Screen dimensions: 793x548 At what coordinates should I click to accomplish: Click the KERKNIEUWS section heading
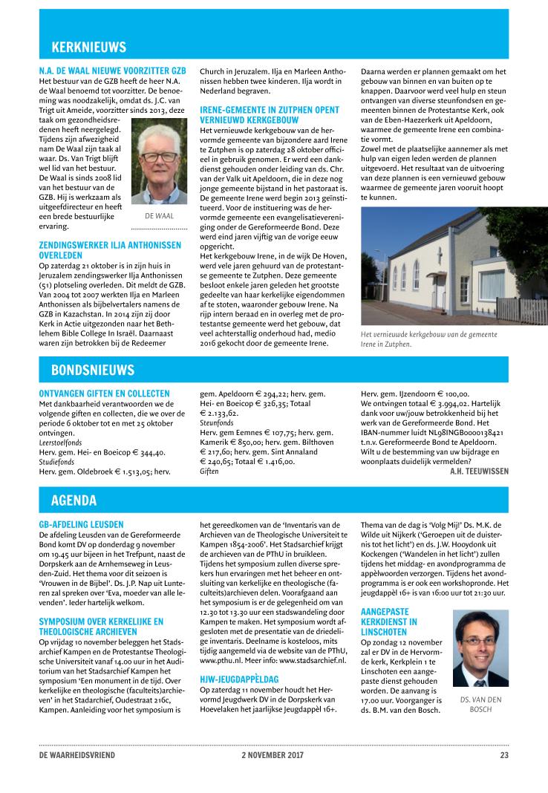pos(88,48)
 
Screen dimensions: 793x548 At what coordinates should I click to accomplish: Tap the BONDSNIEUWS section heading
pos(92,369)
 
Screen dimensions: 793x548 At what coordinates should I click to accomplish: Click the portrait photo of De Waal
pos(159,162)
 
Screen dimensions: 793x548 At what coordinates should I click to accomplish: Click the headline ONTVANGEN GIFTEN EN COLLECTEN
pos(104,394)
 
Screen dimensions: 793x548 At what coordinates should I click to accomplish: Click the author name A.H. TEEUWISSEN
pos(479,471)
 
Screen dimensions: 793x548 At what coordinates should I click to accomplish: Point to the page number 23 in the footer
pos(503,756)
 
